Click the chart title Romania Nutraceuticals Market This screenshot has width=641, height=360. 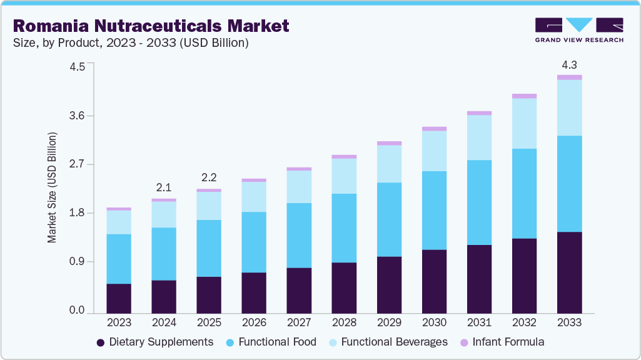pos(151,26)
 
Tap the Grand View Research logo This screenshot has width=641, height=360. pos(578,29)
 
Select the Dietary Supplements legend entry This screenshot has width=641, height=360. pos(154,342)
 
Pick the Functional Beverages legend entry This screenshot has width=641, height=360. pos(387,342)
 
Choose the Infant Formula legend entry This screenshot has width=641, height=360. pos(502,342)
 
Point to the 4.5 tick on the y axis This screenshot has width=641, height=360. pos(77,67)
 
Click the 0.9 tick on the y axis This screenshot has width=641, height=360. pos(77,262)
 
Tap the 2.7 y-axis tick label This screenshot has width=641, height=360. pos(77,164)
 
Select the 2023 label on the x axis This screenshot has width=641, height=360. pos(119,323)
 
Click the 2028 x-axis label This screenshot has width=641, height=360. pos(344,323)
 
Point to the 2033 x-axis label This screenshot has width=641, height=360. pos(570,323)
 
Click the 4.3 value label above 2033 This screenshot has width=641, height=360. pos(570,65)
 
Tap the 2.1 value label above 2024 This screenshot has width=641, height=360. pos(164,187)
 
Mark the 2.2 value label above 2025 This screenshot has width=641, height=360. pos(209,177)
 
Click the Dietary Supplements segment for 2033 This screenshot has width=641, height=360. pos(570,272)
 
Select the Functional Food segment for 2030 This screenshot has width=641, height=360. pos(434,211)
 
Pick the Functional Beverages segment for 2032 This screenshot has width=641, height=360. pos(524,124)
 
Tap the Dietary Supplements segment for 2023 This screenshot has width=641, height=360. pos(119,298)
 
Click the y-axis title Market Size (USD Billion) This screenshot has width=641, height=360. pos(53,187)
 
